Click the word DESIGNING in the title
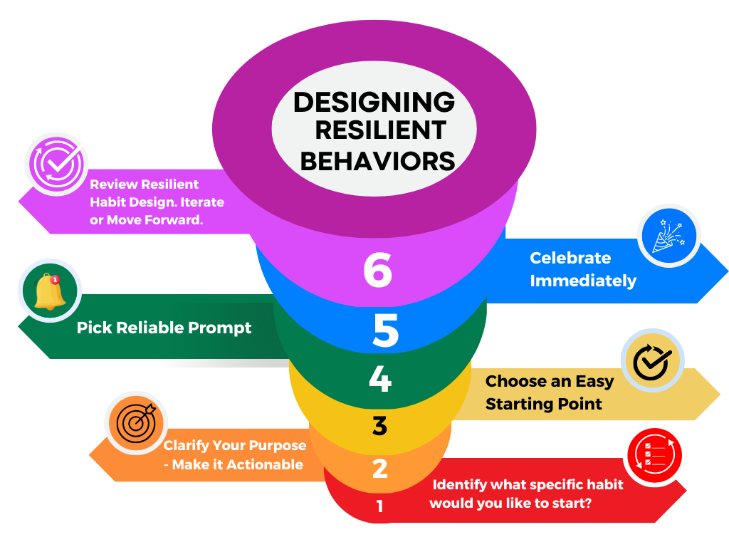(374, 102)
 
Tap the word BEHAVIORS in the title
(377, 161)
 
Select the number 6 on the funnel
(377, 270)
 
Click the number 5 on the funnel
(385, 331)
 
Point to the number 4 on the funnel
(380, 380)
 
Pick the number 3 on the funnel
(379, 426)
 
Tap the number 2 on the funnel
(380, 469)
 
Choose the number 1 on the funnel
(379, 506)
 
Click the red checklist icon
(654, 454)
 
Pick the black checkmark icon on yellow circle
(652, 362)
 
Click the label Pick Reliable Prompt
(164, 328)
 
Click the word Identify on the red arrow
(460, 485)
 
